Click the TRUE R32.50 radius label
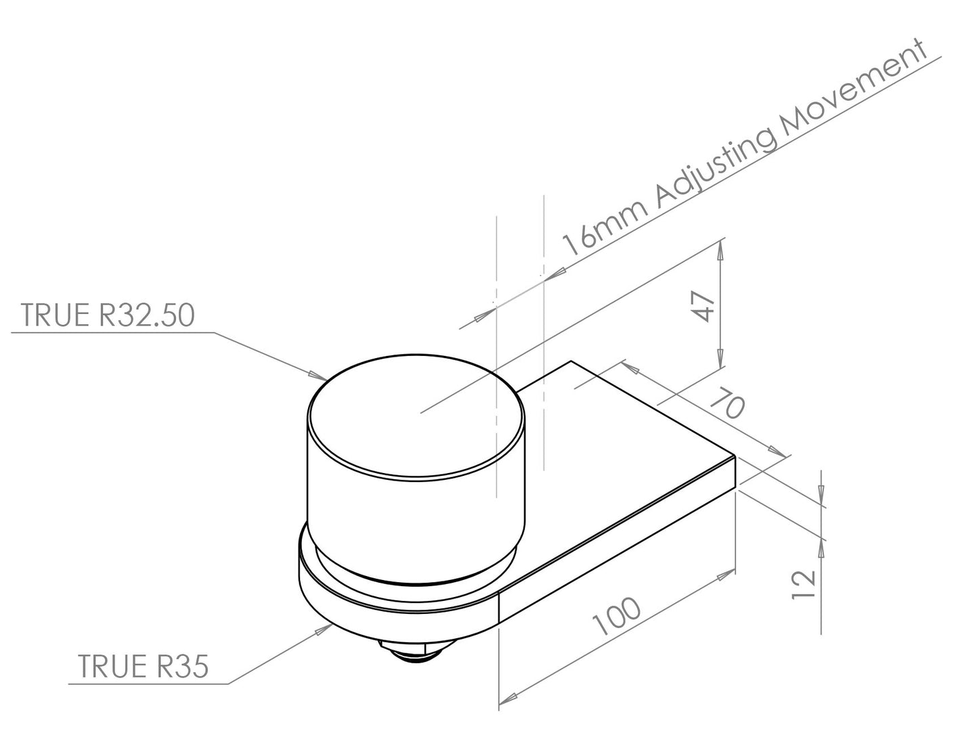point(108,315)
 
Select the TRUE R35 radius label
point(143,666)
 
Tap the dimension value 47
point(703,307)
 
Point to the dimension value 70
point(728,403)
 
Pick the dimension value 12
point(804,585)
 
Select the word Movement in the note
point(854,88)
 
